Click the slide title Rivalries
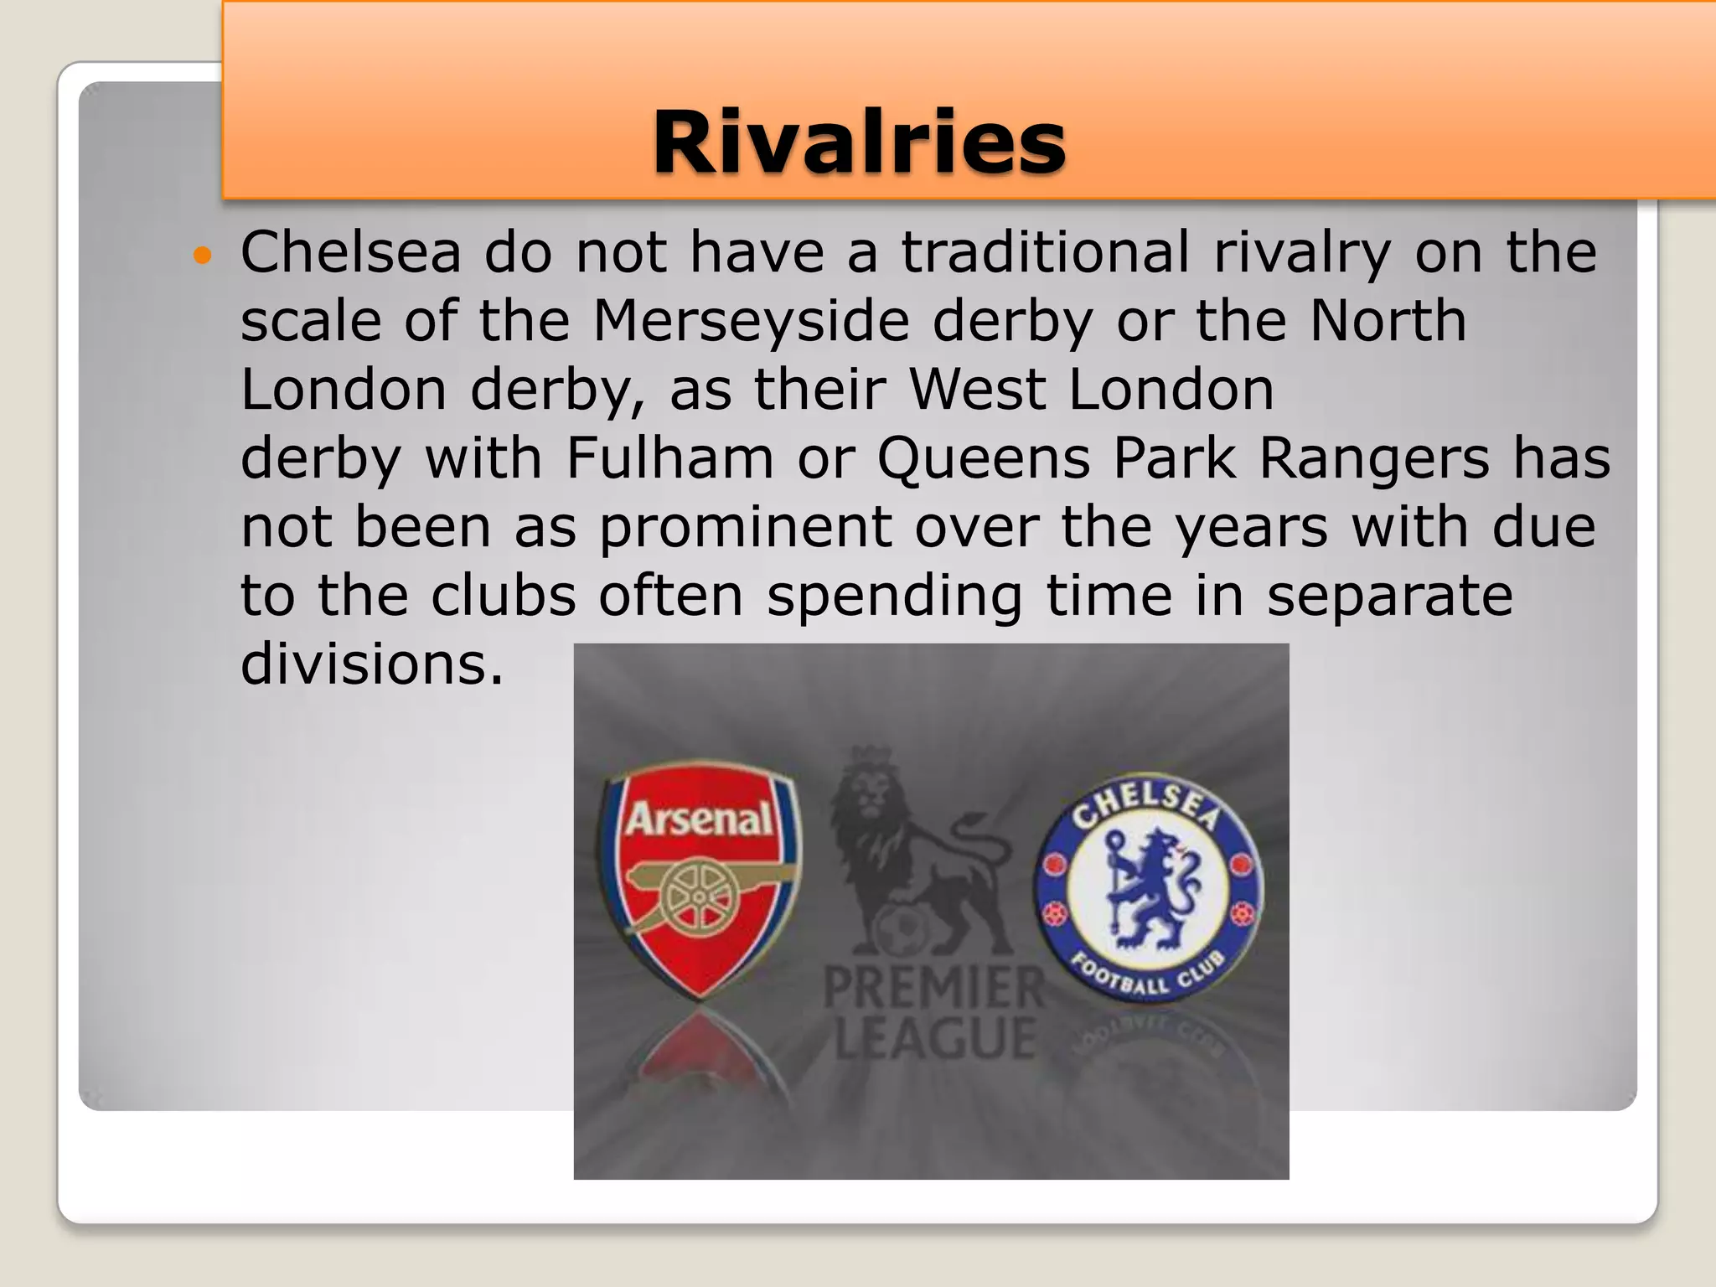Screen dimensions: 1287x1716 pyautogui.click(x=859, y=142)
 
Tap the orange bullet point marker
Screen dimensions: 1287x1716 pyautogui.click(x=203, y=254)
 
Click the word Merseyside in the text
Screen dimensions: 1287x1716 pyautogui.click(x=751, y=321)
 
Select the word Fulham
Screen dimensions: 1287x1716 pyautogui.click(x=669, y=458)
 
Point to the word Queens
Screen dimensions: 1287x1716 pyautogui.click(x=984, y=458)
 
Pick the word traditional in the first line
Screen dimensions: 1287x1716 pyautogui.click(x=1044, y=252)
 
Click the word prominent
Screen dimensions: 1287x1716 pyautogui.click(x=746, y=529)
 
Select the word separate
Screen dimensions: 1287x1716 pyautogui.click(x=1389, y=596)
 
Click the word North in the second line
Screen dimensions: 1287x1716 pyautogui.click(x=1388, y=321)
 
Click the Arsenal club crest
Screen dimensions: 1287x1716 pyautogui.click(x=700, y=880)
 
